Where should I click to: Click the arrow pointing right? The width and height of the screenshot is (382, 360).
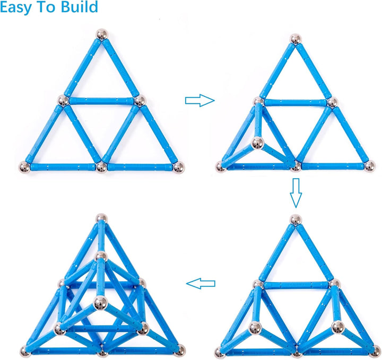coord(200,100)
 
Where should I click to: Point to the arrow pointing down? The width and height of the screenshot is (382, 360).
coord(296,193)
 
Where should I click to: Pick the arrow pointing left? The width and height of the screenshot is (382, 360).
coord(201,284)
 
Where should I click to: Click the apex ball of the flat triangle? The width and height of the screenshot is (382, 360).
coord(102,34)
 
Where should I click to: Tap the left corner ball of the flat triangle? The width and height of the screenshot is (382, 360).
coord(24,167)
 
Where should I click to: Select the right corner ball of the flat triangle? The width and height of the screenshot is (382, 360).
coord(179,167)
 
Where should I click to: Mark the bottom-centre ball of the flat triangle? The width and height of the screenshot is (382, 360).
coord(101,168)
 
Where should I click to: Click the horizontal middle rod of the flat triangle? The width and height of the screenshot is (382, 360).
coord(101,101)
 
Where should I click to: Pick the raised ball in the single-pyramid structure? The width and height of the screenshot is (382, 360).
coord(258,143)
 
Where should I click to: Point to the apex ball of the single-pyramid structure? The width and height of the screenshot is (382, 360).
coord(296,39)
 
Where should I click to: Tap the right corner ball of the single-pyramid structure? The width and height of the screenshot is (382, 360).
coord(370,166)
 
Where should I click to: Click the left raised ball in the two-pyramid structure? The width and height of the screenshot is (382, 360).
coord(255,328)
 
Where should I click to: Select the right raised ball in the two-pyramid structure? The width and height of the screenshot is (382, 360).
coord(338,327)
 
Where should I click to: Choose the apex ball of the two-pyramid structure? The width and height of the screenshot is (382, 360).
coord(296,220)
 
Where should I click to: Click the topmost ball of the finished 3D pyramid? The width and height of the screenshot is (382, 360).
coord(101,218)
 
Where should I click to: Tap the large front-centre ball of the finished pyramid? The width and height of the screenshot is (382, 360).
coord(100,303)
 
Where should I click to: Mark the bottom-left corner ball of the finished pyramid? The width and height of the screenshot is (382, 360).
coord(25,352)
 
